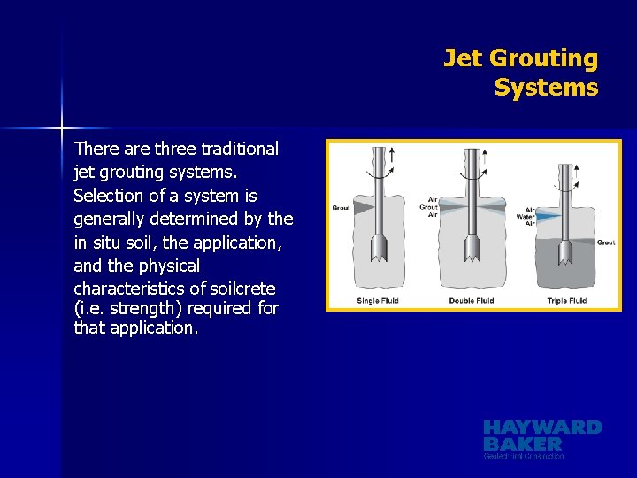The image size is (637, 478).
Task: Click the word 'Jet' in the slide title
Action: [x=462, y=58]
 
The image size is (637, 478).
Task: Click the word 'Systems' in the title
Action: [x=546, y=89]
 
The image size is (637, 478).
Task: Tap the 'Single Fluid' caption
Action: [x=377, y=301]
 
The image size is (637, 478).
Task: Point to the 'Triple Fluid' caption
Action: [x=566, y=301]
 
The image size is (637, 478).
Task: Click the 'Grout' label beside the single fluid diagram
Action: [x=341, y=207]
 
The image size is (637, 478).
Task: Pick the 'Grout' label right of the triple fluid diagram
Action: [x=606, y=243]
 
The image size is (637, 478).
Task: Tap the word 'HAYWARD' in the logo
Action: [x=542, y=428]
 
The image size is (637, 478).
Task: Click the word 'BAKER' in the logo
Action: [x=523, y=443]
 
